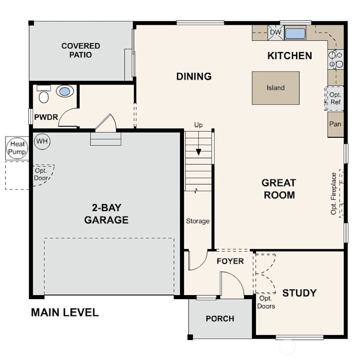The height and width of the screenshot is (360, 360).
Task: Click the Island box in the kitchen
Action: coord(275,88)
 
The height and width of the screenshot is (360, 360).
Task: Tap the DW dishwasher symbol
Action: coord(276,32)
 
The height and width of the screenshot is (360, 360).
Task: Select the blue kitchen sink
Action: coord(295,33)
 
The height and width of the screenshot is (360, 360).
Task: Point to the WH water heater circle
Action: coord(42,141)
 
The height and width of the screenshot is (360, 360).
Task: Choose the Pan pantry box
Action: coord(336,124)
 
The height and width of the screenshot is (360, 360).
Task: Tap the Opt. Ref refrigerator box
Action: coord(336,99)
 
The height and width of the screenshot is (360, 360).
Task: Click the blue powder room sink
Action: coord(65,92)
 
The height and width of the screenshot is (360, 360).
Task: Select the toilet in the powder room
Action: coord(44,95)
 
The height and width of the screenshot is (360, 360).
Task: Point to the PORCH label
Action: coord(220,319)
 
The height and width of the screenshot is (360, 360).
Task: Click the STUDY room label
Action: coord(300,293)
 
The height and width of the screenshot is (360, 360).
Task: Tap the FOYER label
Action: coord(230,261)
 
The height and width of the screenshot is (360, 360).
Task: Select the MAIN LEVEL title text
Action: coord(64,312)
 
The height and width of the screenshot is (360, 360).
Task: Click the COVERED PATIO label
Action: coord(80,50)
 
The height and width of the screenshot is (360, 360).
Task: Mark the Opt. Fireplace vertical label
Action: coord(333,194)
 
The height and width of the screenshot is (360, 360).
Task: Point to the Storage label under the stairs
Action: coord(198,221)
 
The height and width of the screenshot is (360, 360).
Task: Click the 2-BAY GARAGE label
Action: coord(107,213)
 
